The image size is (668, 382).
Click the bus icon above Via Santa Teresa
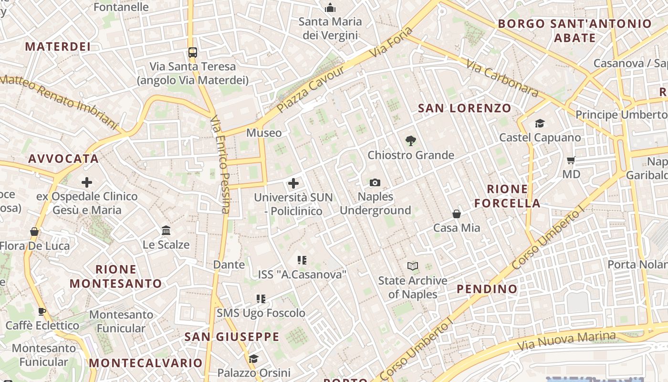[x=193, y=53]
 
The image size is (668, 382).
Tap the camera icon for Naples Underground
[x=375, y=182]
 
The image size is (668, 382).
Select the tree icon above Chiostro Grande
[x=410, y=141]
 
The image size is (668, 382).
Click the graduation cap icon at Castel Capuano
[x=540, y=124]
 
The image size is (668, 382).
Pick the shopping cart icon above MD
[x=571, y=160]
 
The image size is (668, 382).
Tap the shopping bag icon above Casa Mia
[x=457, y=213]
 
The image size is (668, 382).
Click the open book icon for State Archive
[x=413, y=266]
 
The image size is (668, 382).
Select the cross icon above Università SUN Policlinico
[x=293, y=183]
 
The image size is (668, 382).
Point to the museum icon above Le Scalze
[x=166, y=231]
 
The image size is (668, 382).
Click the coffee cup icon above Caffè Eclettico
[x=42, y=311]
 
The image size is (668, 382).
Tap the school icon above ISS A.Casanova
[x=302, y=260]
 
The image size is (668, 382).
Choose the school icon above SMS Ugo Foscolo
[x=261, y=299]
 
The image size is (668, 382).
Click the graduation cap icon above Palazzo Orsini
[x=254, y=359]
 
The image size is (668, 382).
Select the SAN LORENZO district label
[x=464, y=108]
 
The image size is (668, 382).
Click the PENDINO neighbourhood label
[x=487, y=289]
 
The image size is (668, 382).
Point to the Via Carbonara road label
[x=502, y=78]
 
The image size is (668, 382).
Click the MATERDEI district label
[x=58, y=46]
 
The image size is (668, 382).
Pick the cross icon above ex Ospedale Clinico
[x=87, y=182]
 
